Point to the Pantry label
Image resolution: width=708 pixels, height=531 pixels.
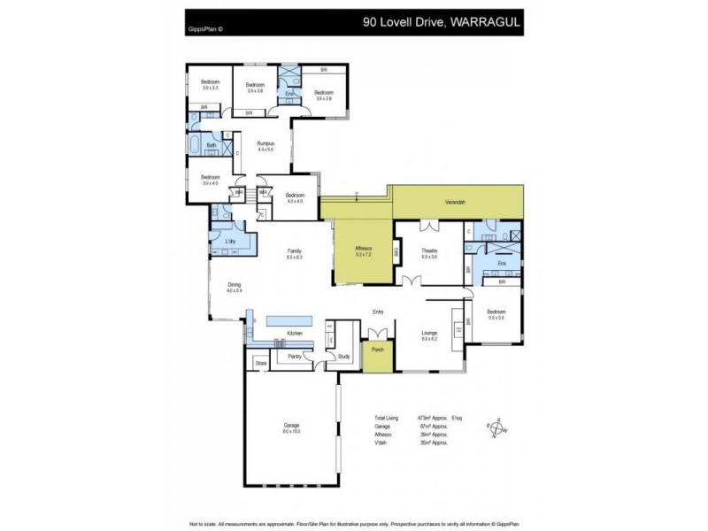pos(295,357)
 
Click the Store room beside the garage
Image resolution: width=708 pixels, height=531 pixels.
pos(260,363)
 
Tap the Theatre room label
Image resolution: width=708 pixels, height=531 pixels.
pos(430,252)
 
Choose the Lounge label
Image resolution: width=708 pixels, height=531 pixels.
pos(430,334)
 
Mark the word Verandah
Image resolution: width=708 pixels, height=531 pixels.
pos(456,203)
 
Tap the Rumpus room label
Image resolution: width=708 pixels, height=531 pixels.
pos(265,144)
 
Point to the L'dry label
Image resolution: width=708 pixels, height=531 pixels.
pos(228,241)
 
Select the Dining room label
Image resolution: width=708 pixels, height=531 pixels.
pos(234,286)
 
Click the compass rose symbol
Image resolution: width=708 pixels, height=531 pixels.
pos(496,427)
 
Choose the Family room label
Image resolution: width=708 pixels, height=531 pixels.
pos(295,252)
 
